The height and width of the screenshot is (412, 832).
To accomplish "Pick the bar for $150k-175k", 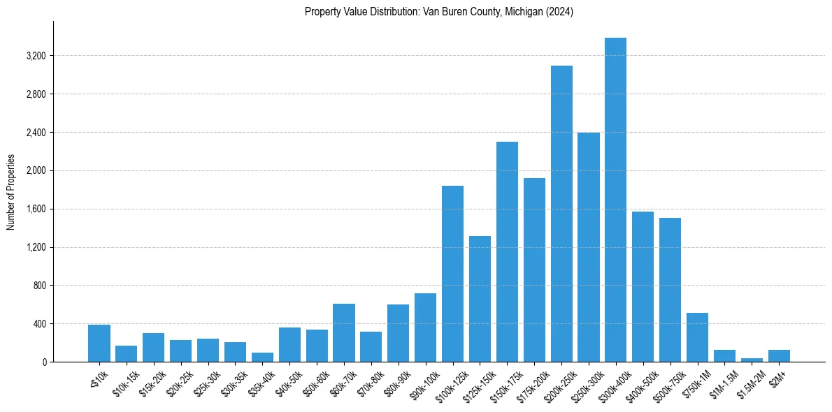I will pos(507,251).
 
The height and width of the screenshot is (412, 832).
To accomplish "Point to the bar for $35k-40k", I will pos(262,357).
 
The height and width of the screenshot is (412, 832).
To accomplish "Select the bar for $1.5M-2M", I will pos(752,360).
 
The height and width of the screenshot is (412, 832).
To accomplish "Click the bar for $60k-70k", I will pos(344,332).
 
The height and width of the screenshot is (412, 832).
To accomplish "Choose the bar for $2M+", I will pos(779,356).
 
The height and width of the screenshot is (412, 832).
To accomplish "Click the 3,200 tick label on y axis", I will pos(35,56).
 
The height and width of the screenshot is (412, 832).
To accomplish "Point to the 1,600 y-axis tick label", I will pos(35,209).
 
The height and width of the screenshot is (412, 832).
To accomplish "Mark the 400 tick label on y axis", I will pos(38,324).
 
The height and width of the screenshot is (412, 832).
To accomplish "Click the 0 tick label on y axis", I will pos(43,362).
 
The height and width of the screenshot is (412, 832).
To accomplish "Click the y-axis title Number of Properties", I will pos(10,192).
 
